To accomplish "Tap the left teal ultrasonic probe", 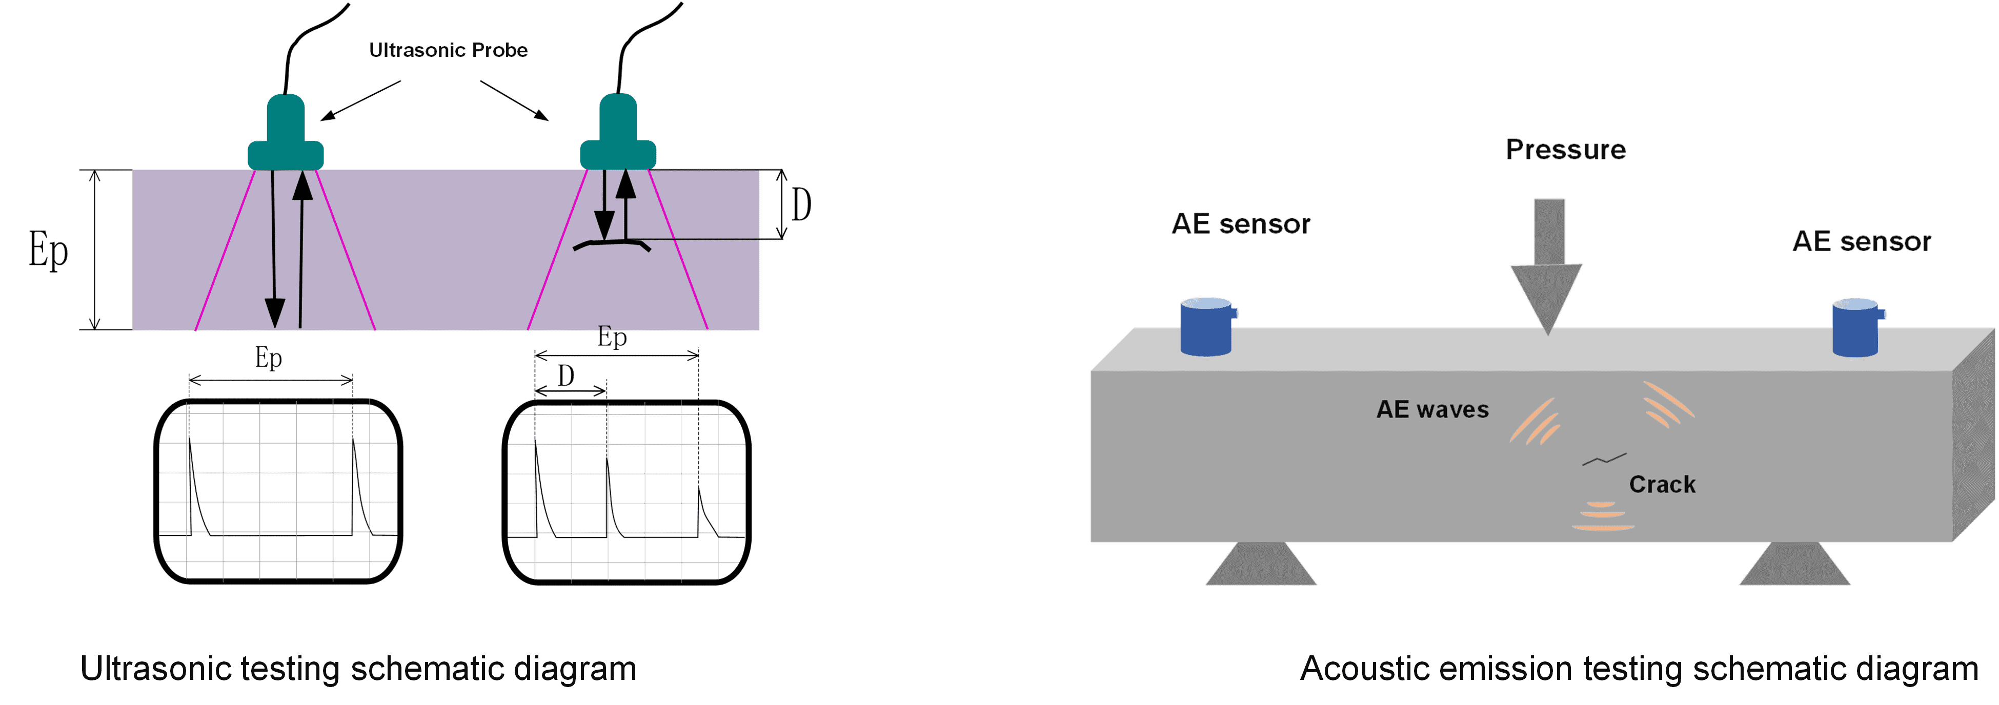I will pyautogui.click(x=286, y=136).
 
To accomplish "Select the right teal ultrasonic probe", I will pyautogui.click(x=618, y=136).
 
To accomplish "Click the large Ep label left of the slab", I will pyautogui.click(x=48, y=251).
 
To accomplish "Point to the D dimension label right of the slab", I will pyautogui.click(x=801, y=205).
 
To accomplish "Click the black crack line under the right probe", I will pyautogui.click(x=611, y=245).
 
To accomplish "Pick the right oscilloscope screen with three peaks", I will pyautogui.click(x=626, y=491).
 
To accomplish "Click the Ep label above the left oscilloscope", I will pyautogui.click(x=269, y=358).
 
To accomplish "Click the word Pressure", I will pyautogui.click(x=1565, y=150).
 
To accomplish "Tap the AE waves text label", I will pyautogui.click(x=1432, y=409).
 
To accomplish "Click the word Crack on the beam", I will pyautogui.click(x=1662, y=485).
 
